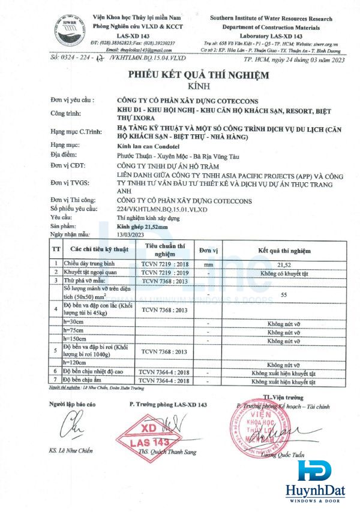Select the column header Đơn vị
[x=208, y=249]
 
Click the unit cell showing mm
[x=208, y=263]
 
